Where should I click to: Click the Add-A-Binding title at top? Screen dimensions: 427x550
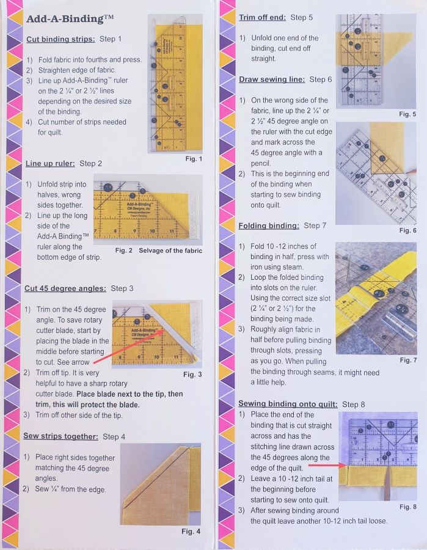tap(70, 19)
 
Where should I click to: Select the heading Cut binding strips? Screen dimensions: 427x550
tap(60, 39)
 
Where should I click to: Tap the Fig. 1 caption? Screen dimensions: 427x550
tap(194, 159)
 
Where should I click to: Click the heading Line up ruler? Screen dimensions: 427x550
tap(50, 163)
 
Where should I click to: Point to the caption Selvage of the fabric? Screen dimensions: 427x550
tap(170, 251)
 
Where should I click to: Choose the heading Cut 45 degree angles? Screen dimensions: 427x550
tap(65, 288)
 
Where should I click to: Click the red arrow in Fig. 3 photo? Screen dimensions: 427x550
tap(129, 346)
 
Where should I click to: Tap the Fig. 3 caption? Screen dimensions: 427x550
tap(192, 374)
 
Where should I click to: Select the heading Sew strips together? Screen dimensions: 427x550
tap(60, 436)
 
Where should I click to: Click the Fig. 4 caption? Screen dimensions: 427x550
tap(191, 532)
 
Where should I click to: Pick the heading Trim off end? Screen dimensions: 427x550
tap(262, 18)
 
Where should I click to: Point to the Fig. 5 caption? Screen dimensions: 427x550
tap(407, 114)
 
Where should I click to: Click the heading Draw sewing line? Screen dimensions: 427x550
tap(272, 79)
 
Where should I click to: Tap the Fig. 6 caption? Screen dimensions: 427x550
tap(407, 230)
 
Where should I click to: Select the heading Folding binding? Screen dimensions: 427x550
tap(269, 226)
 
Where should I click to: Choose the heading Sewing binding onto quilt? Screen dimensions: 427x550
tap(288, 404)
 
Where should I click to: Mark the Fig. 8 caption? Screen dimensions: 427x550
tap(408, 507)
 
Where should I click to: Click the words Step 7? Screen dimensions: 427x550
tap(315, 226)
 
